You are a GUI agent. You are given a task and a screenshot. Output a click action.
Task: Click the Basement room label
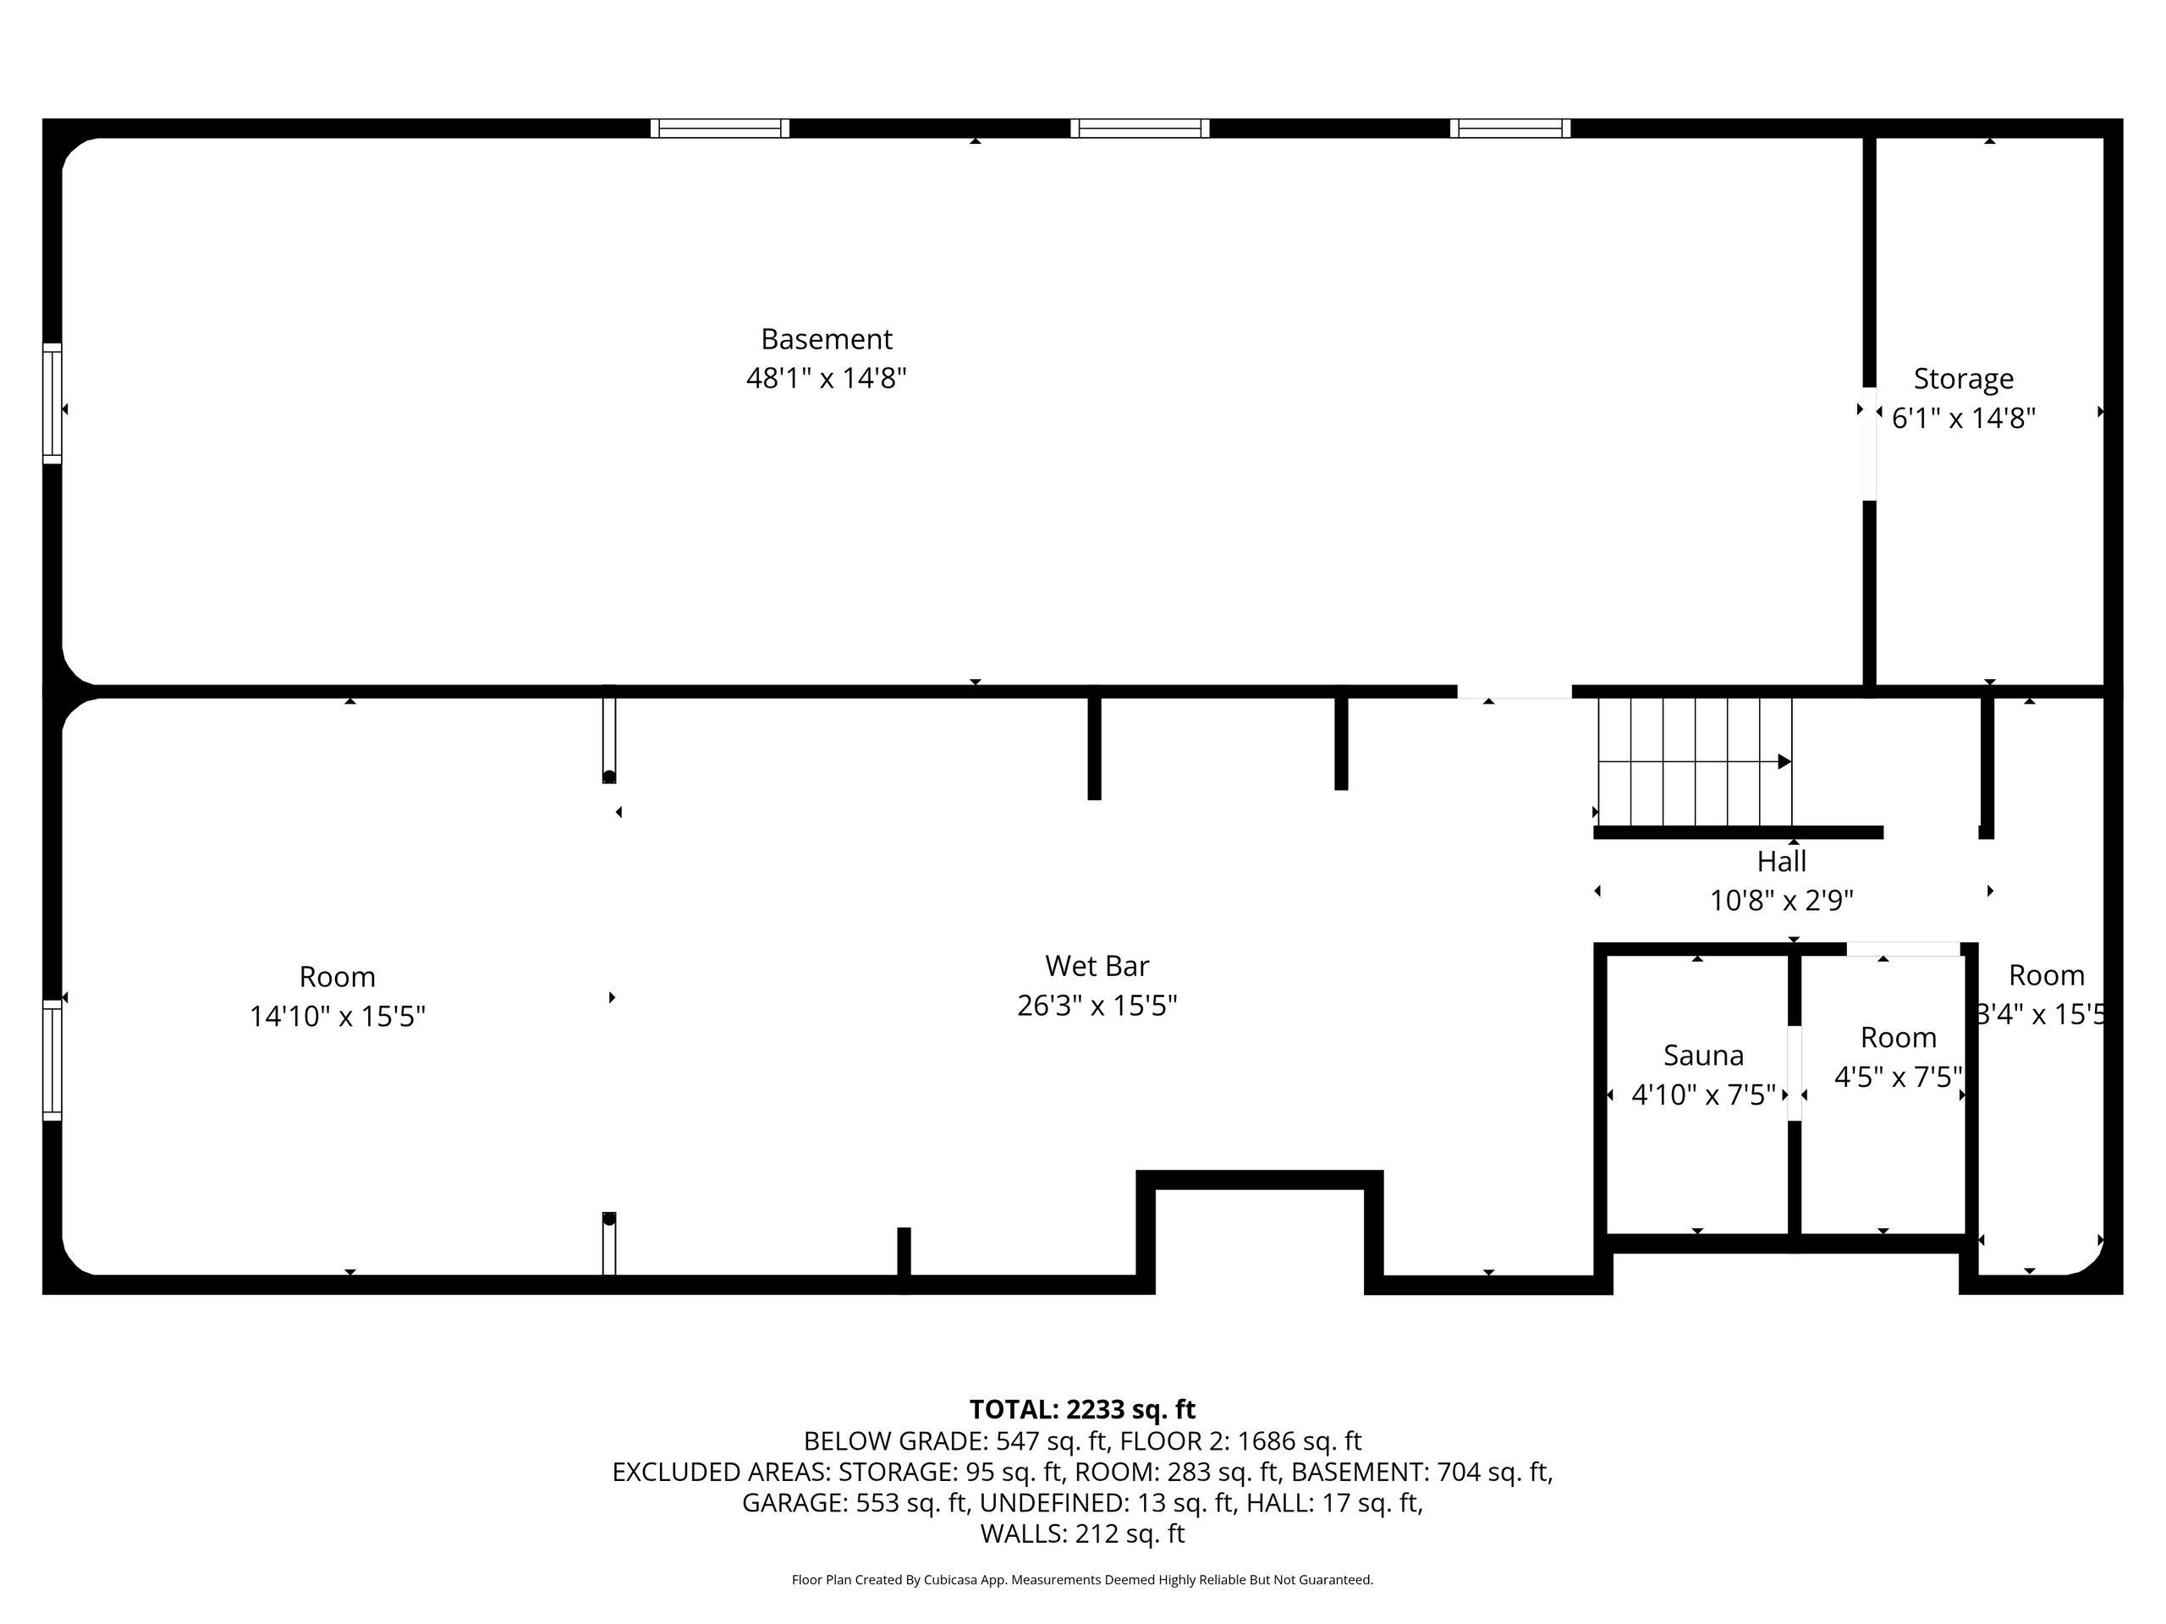click(x=827, y=338)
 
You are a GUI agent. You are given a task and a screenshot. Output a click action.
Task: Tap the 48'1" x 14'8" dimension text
click(x=827, y=378)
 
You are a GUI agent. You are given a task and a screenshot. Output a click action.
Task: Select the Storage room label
click(x=1963, y=379)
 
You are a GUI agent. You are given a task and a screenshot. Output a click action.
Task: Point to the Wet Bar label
click(x=1097, y=965)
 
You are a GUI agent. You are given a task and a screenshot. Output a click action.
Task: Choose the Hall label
click(x=1781, y=861)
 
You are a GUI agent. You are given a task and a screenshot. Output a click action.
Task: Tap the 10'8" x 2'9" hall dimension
click(x=1781, y=901)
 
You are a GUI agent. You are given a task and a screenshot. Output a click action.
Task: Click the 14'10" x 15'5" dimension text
click(x=337, y=1016)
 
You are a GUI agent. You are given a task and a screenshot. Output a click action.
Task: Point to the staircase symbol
click(x=1695, y=761)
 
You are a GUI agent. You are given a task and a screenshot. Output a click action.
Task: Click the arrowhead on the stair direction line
click(x=1785, y=761)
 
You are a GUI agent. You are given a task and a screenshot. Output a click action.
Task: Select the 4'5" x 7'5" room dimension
click(x=1898, y=1077)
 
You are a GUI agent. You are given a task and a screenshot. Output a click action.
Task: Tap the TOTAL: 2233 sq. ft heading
click(x=1082, y=1410)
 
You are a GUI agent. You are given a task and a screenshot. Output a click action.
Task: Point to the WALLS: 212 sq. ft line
click(x=1082, y=1534)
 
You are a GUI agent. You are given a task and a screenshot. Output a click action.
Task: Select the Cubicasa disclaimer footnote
click(x=1082, y=1580)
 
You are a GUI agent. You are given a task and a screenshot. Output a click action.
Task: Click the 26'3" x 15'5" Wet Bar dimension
click(x=1097, y=1006)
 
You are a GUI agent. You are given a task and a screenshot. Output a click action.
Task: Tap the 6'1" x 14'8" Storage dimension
click(x=1963, y=419)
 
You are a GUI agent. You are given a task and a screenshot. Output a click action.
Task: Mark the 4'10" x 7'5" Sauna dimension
click(x=1704, y=1095)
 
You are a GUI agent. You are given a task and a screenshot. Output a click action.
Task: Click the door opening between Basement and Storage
click(x=1869, y=444)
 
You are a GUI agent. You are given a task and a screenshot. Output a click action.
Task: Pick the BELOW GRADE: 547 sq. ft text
click(x=956, y=1441)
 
